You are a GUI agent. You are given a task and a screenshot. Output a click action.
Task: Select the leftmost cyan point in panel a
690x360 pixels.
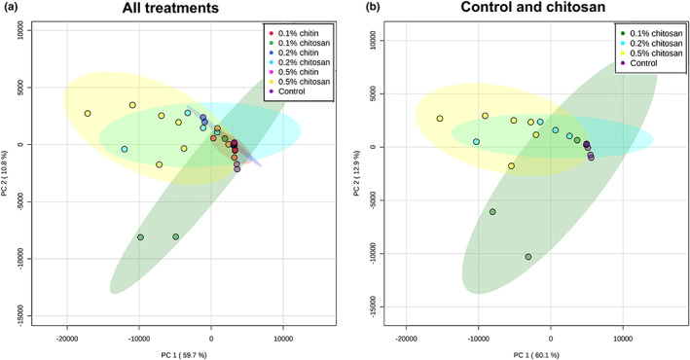tap(125, 149)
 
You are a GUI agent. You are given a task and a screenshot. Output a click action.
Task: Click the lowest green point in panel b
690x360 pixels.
tap(528, 257)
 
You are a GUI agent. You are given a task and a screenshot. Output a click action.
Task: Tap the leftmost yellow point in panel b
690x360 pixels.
tap(440, 119)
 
